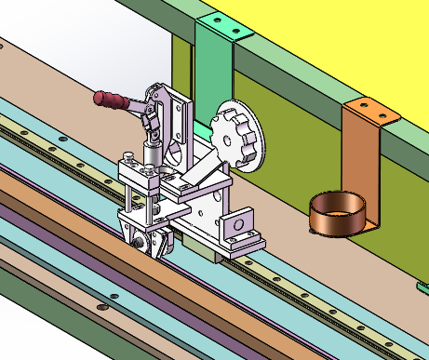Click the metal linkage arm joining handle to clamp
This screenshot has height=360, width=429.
(147, 115)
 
